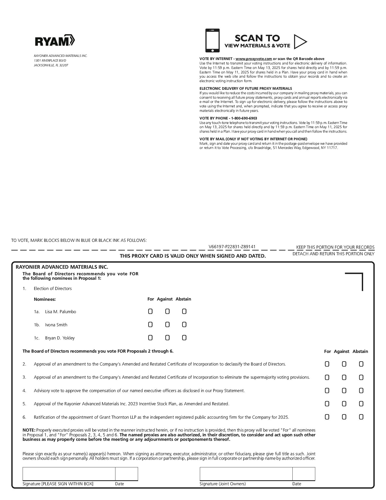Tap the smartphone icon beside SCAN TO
[212, 41]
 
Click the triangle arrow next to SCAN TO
[300, 42]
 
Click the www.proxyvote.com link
[253, 59]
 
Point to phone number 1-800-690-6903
[244, 118]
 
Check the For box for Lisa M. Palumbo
[150, 312]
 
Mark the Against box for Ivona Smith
[167, 325]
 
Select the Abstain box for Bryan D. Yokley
[184, 338]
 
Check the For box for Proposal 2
[327, 364]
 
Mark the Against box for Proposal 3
[344, 378]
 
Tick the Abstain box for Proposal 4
[361, 391]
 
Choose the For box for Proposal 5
[327, 404]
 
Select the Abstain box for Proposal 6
[361, 417]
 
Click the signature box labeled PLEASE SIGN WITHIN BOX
[69, 474]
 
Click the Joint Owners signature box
[246, 474]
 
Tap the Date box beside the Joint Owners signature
[304, 474]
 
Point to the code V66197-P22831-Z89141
[232, 247]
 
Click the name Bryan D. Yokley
[60, 338]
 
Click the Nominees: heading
[45, 299]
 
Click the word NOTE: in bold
[29, 430]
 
